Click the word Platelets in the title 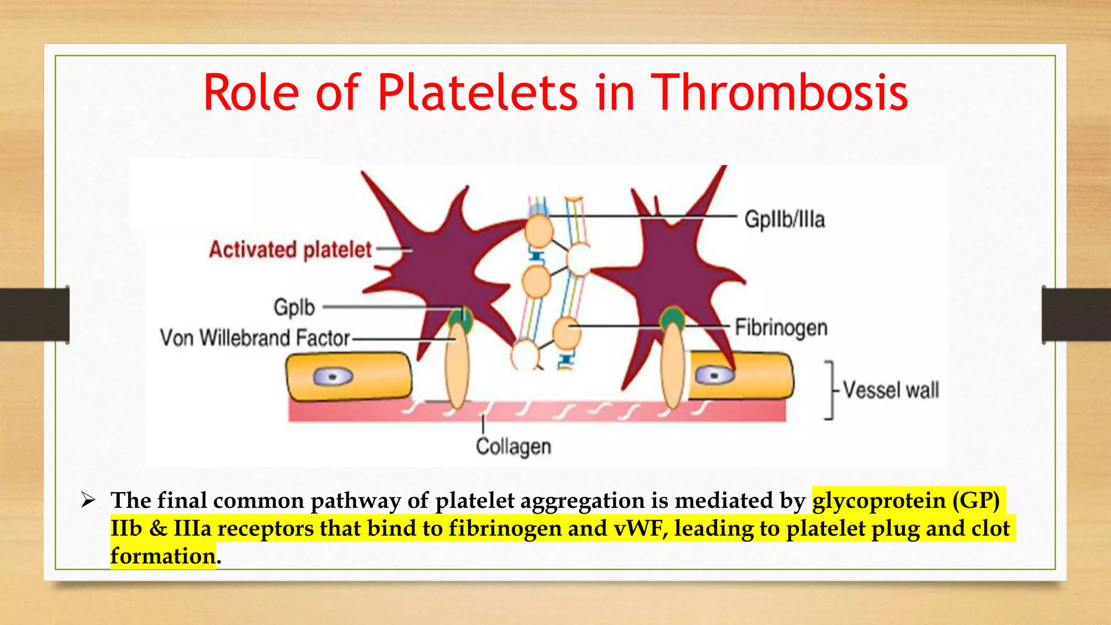477,93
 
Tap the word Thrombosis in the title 779,93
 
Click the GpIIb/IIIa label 784,219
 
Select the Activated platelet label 291,250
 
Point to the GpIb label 294,307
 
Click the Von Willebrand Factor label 255,338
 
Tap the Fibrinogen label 781,328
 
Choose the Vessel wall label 891,390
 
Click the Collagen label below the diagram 513,447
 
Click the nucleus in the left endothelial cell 333,377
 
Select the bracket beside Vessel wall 829,390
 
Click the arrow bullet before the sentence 88,500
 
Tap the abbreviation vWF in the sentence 640,528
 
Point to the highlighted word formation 163,556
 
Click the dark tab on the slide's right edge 1076,315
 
